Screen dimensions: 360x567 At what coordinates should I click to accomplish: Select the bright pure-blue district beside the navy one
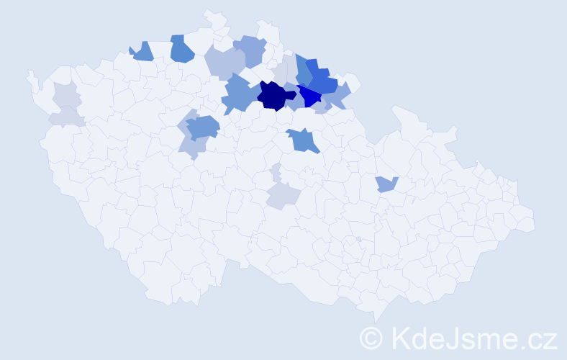click(310, 96)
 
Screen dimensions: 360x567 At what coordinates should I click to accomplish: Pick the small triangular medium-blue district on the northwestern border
click(143, 52)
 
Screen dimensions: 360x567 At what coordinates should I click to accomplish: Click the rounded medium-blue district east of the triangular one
click(182, 49)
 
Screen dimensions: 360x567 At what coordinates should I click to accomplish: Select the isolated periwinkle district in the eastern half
click(386, 184)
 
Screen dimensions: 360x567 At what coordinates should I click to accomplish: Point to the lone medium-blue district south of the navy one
click(303, 140)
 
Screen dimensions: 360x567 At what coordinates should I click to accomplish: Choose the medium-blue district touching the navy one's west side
click(238, 94)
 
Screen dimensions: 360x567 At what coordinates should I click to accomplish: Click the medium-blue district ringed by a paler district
click(203, 128)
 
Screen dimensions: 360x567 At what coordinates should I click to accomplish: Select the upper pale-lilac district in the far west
click(65, 94)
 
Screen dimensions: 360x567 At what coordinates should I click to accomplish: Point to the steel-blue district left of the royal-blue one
click(303, 70)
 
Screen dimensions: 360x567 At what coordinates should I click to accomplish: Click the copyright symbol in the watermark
click(371, 337)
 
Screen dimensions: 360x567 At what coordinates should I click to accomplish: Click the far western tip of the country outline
click(29, 74)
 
